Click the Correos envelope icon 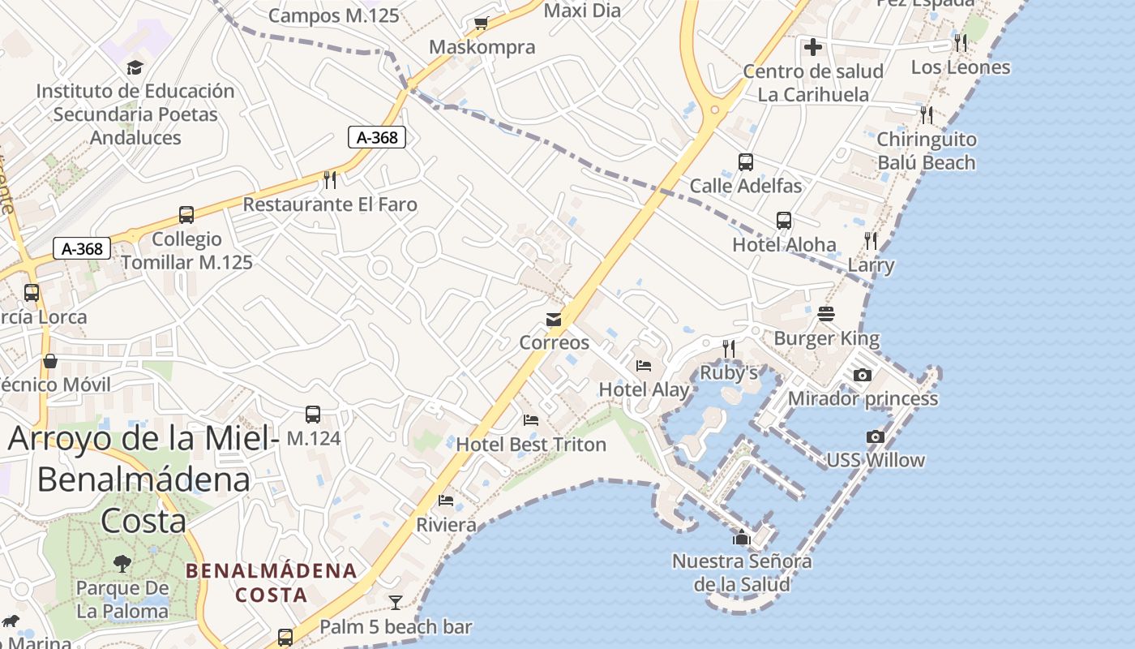coord(554,320)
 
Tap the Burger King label coord(826,337)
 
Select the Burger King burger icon coord(826,314)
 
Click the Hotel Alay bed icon coord(644,366)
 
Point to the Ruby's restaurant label coord(729,372)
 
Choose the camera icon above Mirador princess coord(863,375)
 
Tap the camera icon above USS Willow coord(875,437)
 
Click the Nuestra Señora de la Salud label coord(742,572)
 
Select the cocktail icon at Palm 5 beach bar coord(395,603)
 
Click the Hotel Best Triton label coord(531,444)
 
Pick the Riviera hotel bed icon coord(445,501)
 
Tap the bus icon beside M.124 coord(313,415)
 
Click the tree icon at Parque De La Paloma coord(122,563)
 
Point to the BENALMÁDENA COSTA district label coord(271,582)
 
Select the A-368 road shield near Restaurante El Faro coord(377,137)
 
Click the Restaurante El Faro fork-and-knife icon coord(330,178)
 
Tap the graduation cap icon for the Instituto coord(135,67)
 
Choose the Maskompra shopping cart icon coord(482,23)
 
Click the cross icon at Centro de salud coord(813,47)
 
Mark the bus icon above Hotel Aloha coord(783,220)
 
